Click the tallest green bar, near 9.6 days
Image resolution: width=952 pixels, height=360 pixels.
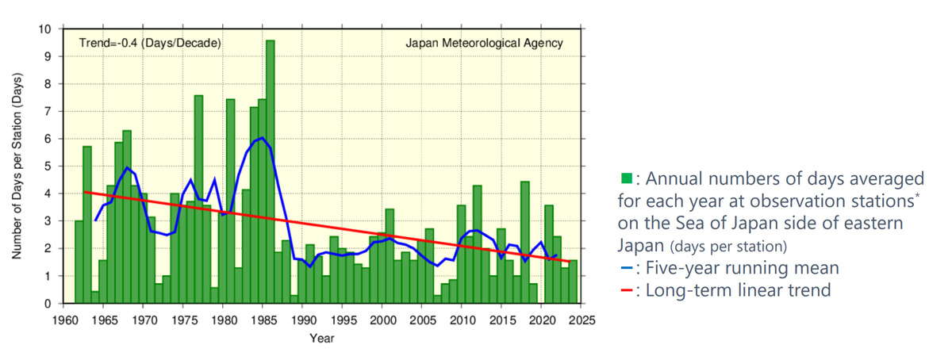tap(270, 171)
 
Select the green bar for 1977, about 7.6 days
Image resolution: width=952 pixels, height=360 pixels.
tap(198, 198)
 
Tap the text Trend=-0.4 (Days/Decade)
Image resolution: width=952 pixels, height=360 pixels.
tap(150, 44)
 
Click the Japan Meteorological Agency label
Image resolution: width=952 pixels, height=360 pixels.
tap(484, 44)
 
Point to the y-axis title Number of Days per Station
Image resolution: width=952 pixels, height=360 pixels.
tap(17, 167)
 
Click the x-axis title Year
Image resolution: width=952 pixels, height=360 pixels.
tap(322, 339)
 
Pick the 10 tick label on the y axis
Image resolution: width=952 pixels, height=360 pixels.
tap(47, 29)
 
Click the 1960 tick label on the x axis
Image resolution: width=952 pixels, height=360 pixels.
tap(63, 320)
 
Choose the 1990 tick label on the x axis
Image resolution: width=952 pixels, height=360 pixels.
tap(302, 320)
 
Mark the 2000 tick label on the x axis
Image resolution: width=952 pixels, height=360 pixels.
tap(382, 320)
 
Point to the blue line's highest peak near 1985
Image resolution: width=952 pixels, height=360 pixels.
tap(262, 138)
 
